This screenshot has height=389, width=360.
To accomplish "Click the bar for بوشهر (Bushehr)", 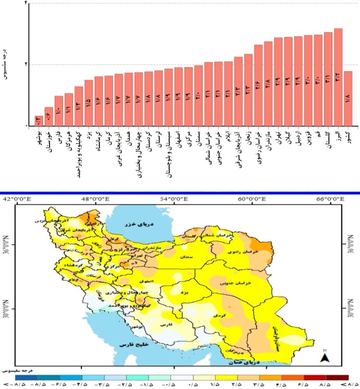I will pyautogui.click(x=39, y=121).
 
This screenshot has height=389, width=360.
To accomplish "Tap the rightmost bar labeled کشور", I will pyautogui.click(x=348, y=99).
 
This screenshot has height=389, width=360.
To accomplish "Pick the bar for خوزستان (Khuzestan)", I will pyautogui.click(x=49, y=117).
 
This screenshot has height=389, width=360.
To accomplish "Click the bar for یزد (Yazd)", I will pyautogui.click(x=89, y=103).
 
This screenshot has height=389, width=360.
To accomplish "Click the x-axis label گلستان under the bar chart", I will pyautogui.click(x=328, y=140).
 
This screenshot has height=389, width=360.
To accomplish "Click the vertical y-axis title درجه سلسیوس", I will pyautogui.click(x=5, y=64).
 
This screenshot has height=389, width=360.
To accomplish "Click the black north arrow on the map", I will pyautogui.click(x=324, y=357).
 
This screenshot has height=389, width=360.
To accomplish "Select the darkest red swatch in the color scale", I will pyautogui.click(x=338, y=377).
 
